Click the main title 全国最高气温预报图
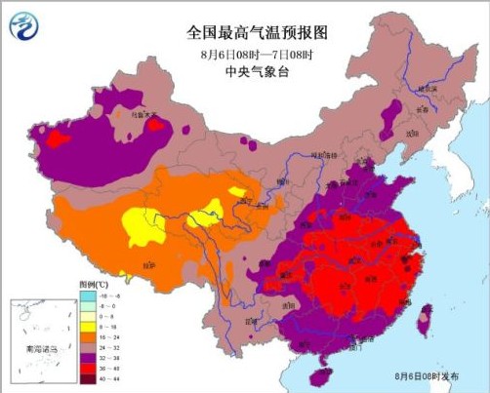click(x=255, y=32)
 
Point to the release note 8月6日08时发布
click(x=426, y=375)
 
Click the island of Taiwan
click(x=425, y=318)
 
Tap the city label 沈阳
click(x=397, y=132)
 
